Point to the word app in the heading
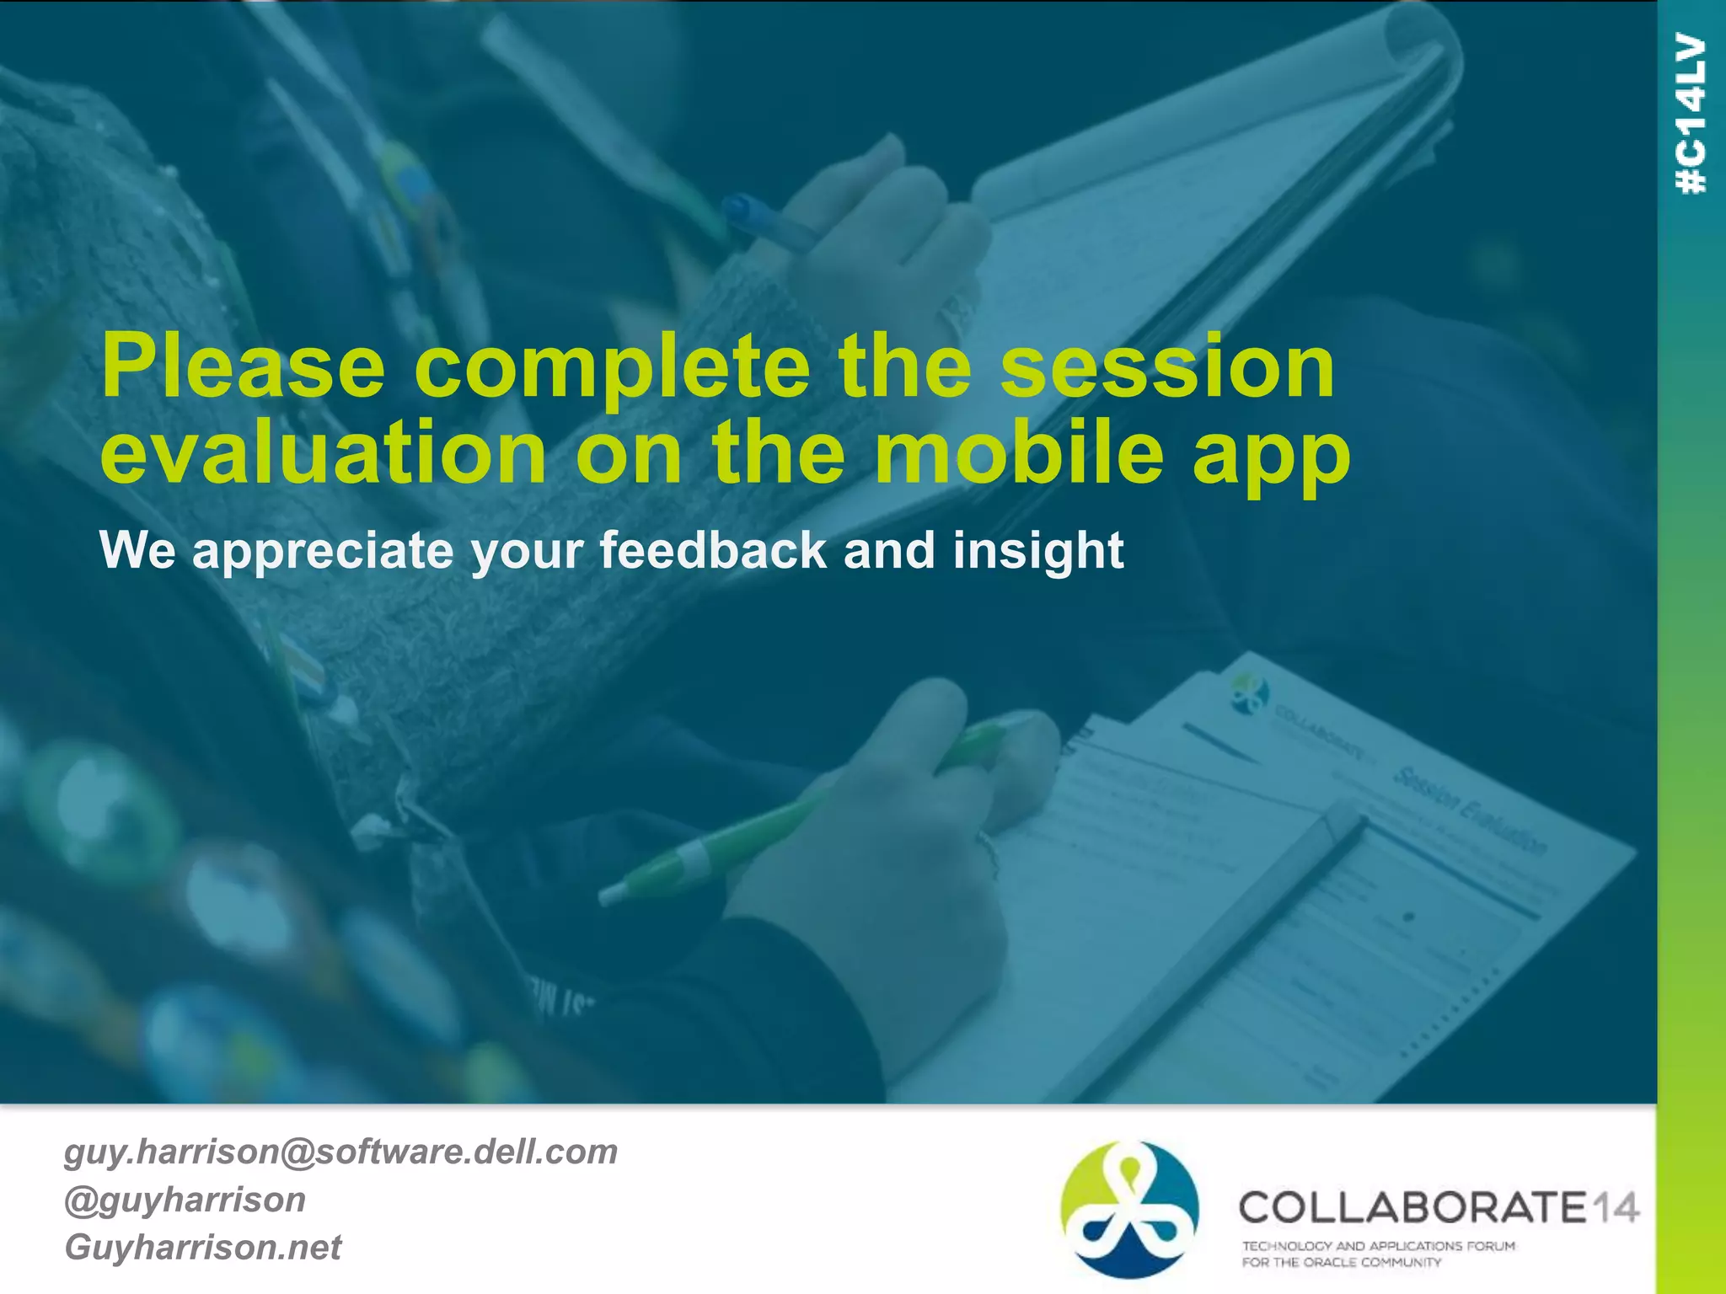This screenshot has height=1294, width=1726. coord(1271,459)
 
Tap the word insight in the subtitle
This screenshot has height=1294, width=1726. coord(1038,552)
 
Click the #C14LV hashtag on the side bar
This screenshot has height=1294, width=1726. coord(1691,114)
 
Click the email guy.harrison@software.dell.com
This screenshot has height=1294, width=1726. coord(340,1152)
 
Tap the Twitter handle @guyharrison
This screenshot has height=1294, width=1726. coord(185,1200)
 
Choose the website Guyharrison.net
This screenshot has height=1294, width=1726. coord(203,1248)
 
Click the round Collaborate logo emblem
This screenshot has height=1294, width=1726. coord(1129,1209)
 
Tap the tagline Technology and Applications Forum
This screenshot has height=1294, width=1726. coord(1378,1245)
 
